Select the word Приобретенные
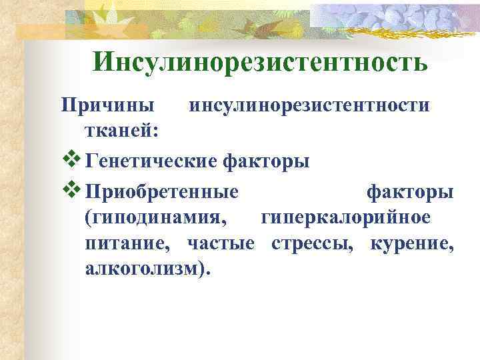point(162,192)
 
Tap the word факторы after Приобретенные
point(410,192)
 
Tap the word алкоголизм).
point(147,268)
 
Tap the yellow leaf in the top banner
point(107,13)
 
